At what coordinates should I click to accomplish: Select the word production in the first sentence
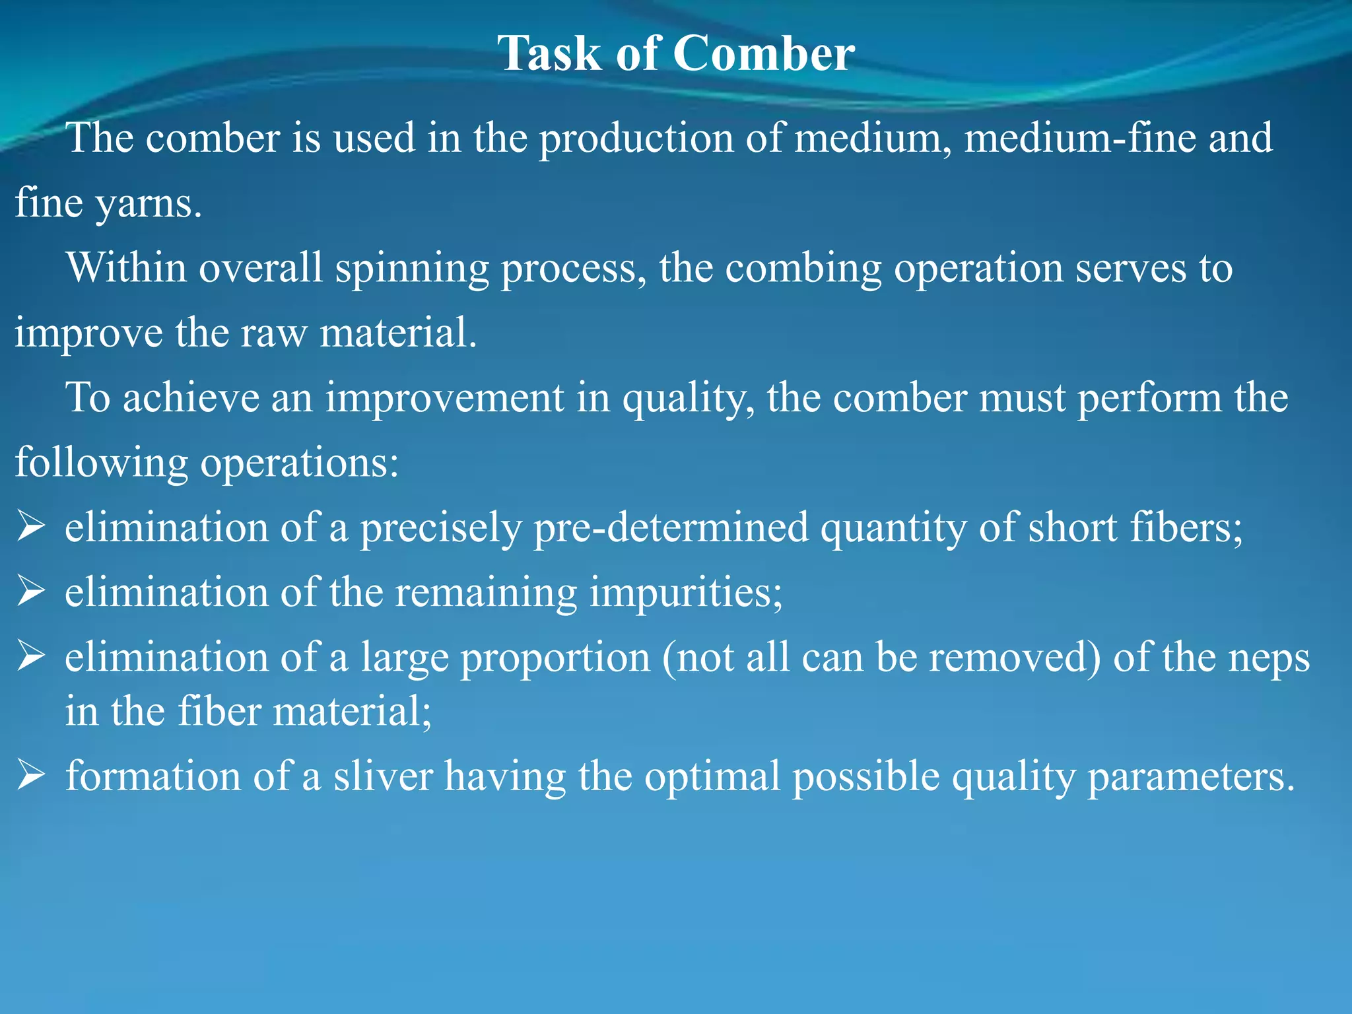(x=636, y=138)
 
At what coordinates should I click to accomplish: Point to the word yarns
(x=149, y=203)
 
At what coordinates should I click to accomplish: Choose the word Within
(x=126, y=268)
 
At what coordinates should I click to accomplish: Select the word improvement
(x=444, y=397)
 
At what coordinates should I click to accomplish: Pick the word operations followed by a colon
(x=299, y=462)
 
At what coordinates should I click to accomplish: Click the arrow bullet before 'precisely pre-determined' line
(x=30, y=527)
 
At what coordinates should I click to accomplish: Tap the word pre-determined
(x=671, y=527)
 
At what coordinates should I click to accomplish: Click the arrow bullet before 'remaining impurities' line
(x=30, y=591)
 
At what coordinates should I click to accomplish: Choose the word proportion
(x=555, y=658)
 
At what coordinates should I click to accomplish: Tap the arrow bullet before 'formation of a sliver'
(x=30, y=775)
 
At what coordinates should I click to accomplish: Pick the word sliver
(x=383, y=775)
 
